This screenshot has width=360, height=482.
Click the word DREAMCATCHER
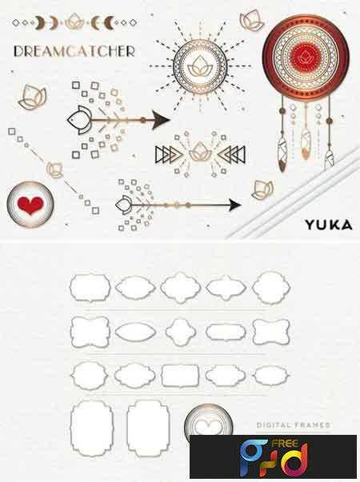pos(74,51)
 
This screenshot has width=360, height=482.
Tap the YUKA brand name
pos(329,225)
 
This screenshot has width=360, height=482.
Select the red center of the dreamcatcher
pos(305,57)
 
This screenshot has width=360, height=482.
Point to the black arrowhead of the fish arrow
pos(160,120)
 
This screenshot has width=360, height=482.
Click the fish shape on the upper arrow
pos(79,120)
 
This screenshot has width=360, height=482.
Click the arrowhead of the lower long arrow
pos(234,205)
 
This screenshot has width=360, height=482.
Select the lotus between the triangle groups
pos(200,152)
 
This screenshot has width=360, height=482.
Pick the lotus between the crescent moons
pos(74,22)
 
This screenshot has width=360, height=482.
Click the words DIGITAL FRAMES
pos(293,425)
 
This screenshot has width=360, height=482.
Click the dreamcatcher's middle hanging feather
pos(305,144)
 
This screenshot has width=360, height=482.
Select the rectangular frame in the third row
pos(180,376)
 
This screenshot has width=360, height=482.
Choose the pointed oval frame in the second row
pos(135,332)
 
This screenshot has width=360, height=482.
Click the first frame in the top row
pos(90,288)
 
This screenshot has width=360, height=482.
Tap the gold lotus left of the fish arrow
pos(32,96)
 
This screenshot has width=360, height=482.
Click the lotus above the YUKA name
pos(262,189)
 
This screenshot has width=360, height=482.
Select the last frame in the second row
pos(270,332)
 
